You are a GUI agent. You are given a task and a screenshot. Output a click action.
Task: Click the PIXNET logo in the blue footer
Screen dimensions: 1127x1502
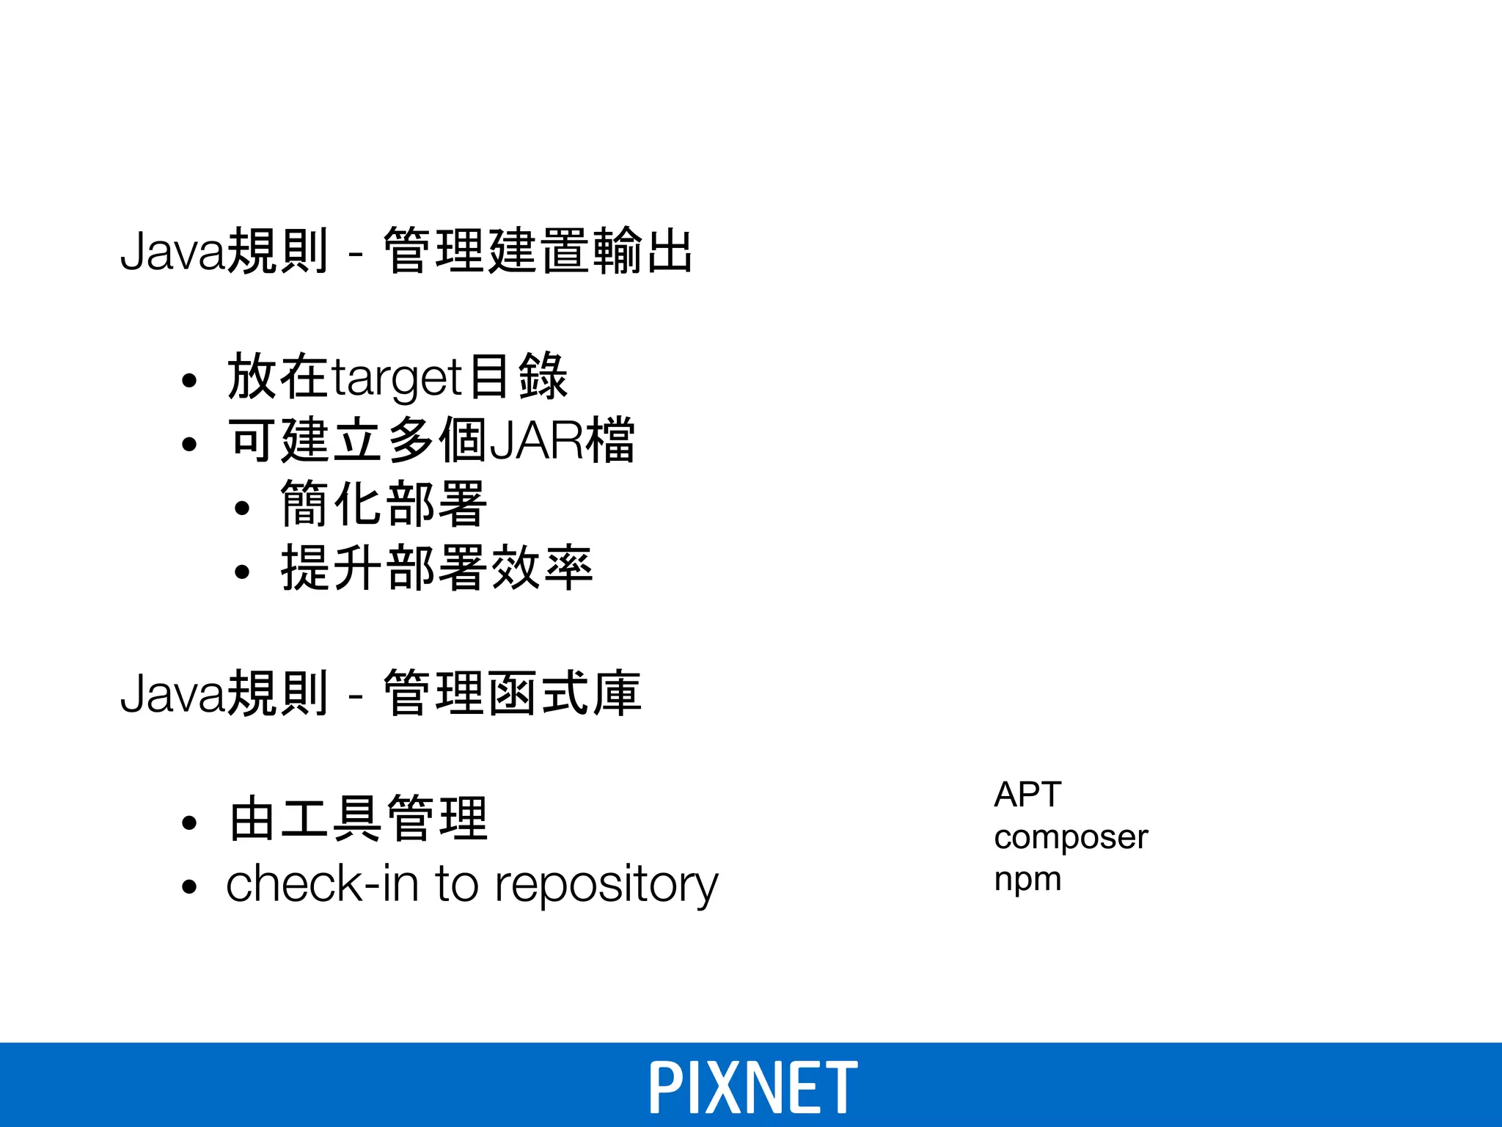pyautogui.click(x=752, y=1087)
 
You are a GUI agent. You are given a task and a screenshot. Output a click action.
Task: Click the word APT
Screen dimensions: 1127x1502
pyautogui.click(x=1027, y=795)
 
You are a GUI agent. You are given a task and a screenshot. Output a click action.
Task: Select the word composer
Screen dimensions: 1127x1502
pyautogui.click(x=1070, y=838)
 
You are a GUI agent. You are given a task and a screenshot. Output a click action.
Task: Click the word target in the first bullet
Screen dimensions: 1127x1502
pyautogui.click(x=396, y=379)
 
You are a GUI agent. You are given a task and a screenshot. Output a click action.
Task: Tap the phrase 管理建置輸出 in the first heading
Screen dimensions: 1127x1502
pyautogui.click(x=538, y=252)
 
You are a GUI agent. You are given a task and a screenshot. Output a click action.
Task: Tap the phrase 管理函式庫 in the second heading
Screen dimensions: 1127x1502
pyautogui.click(x=512, y=693)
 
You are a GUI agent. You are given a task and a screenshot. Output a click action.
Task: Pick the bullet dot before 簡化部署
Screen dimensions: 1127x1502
pyautogui.click(x=243, y=508)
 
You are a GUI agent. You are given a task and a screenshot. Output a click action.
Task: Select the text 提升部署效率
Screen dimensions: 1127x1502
pyautogui.click(x=436, y=568)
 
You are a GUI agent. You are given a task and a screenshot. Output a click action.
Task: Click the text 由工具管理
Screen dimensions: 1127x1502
pyautogui.click(x=358, y=819)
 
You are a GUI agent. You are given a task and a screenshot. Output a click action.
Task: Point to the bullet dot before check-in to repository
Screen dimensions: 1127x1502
pyautogui.click(x=190, y=887)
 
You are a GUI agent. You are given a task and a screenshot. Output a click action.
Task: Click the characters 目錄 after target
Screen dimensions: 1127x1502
pyautogui.click(x=518, y=377)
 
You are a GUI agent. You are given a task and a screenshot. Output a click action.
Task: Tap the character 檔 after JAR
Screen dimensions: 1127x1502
pyautogui.click(x=609, y=441)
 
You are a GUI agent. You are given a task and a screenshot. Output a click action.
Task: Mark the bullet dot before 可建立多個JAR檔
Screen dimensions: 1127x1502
pyautogui.click(x=190, y=444)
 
